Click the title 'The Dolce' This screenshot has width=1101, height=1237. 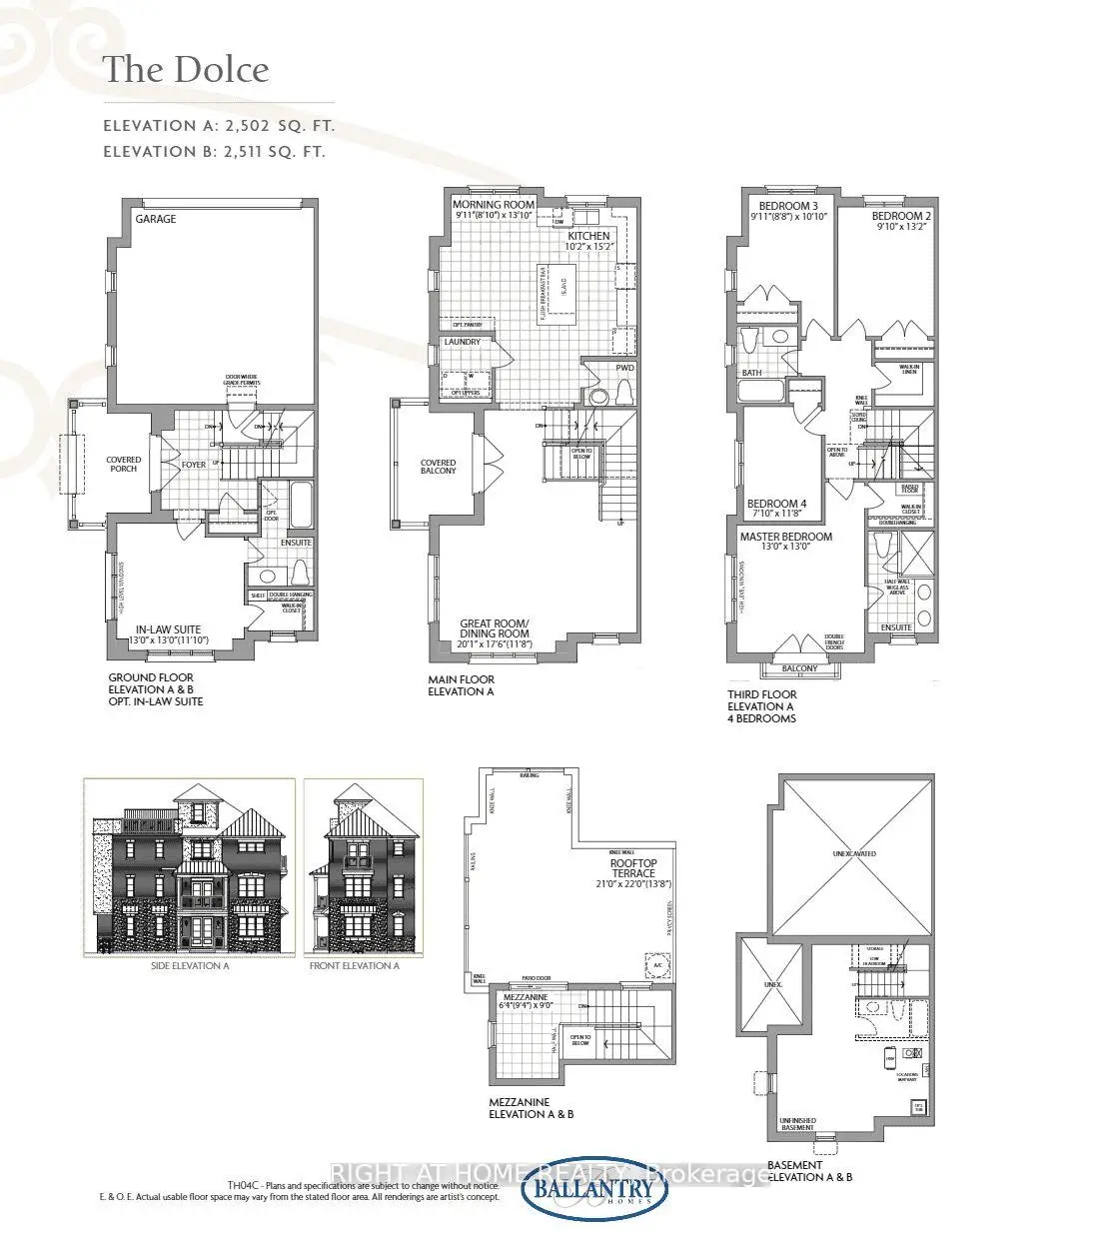pos(186,69)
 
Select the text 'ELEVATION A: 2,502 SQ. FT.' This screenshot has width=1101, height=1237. pos(219,126)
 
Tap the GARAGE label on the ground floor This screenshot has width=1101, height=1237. pos(155,219)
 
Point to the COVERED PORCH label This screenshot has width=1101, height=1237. pos(124,465)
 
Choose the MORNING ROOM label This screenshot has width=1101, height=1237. pos(494,205)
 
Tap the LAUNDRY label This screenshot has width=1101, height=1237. pos(463,342)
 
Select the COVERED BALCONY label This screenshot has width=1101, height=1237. pos(438,468)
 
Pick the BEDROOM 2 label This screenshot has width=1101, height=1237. pos(900,216)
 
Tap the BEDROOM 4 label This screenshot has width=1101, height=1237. pos(777,504)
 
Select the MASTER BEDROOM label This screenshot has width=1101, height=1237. pos(785,537)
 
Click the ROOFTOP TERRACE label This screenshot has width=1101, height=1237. pos(634,867)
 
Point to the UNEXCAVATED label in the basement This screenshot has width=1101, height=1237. pos(852,854)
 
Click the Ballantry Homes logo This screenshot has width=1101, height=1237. pos(595,1191)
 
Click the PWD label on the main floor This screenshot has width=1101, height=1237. pos(624,368)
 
